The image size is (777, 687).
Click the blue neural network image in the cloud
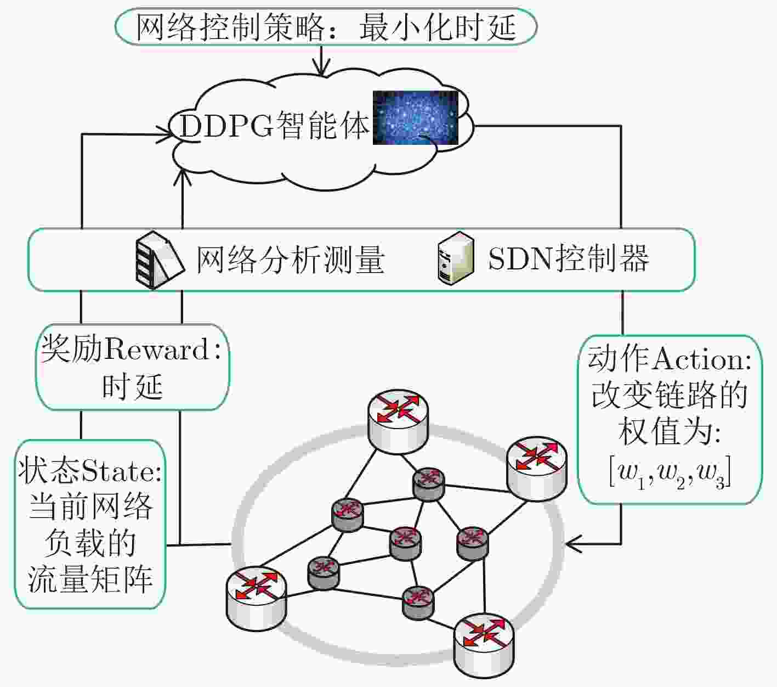(x=415, y=117)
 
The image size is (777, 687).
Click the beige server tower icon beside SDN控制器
(x=456, y=258)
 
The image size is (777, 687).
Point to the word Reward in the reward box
(x=156, y=350)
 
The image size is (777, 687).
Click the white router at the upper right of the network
(x=536, y=468)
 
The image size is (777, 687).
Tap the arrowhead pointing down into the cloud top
(x=321, y=69)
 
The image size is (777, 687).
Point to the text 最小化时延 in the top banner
(x=438, y=27)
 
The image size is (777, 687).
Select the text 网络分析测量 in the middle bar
(x=290, y=260)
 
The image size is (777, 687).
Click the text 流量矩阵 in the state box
(x=90, y=579)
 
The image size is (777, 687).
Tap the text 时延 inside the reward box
(x=132, y=386)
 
